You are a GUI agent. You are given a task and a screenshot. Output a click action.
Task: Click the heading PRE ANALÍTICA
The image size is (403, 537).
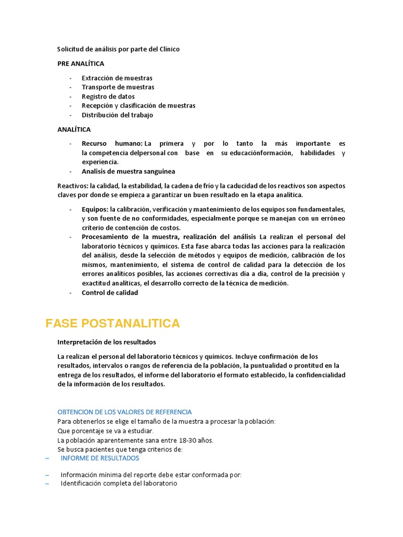[x=81, y=63]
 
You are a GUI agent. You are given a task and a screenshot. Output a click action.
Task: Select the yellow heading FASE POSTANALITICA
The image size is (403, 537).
[x=113, y=324]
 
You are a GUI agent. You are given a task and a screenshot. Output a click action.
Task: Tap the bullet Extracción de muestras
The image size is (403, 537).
[x=117, y=78]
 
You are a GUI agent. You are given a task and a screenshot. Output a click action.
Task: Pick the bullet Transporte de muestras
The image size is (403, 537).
[x=118, y=87]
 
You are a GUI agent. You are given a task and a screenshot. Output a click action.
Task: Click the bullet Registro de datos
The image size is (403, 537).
[x=108, y=96]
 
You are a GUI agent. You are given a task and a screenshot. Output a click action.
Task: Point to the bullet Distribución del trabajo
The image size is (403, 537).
[x=118, y=115]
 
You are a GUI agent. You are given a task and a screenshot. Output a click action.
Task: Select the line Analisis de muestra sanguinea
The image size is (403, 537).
[x=129, y=171]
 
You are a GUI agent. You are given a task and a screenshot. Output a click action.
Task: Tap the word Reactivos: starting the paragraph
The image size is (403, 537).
[x=73, y=186]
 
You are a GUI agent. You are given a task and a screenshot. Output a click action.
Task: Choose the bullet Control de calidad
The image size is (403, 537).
[x=110, y=293]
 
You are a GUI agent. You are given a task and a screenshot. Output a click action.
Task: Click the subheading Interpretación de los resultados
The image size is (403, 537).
[x=107, y=342]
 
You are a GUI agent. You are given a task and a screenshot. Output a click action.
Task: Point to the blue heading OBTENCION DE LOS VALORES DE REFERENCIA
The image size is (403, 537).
[x=124, y=412]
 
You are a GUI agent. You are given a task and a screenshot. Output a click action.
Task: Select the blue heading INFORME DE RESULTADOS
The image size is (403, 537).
[x=100, y=458]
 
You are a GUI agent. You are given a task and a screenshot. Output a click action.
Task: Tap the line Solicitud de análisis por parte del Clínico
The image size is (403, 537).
[x=119, y=49]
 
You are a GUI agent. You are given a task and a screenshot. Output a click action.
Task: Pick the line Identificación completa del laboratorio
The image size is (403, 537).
[x=119, y=484]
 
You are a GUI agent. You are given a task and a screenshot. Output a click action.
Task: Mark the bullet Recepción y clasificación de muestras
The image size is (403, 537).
[x=139, y=105]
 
